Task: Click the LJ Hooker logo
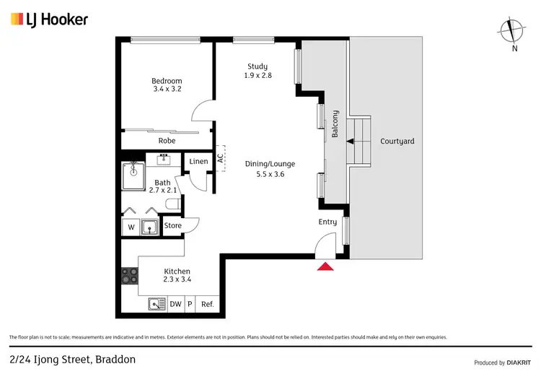pyautogui.click(x=49, y=19)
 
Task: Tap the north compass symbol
pyautogui.click(x=514, y=30)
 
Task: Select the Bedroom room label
pyautogui.click(x=167, y=81)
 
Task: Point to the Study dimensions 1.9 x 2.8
pyautogui.click(x=258, y=76)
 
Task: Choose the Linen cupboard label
pyautogui.click(x=198, y=161)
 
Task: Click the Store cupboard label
pyautogui.click(x=173, y=226)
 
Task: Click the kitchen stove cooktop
pyautogui.click(x=131, y=275)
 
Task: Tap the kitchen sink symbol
pyautogui.click(x=157, y=304)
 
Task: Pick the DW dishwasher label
pyautogui.click(x=176, y=305)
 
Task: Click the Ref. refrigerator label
pyautogui.click(x=207, y=305)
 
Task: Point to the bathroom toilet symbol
pyautogui.click(x=172, y=205)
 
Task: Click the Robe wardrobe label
pyautogui.click(x=167, y=141)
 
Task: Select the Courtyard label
pyautogui.click(x=397, y=142)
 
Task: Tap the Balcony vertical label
pyautogui.click(x=335, y=124)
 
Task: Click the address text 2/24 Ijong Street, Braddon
pyautogui.click(x=72, y=359)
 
